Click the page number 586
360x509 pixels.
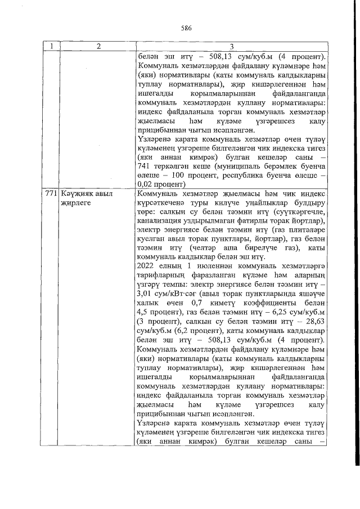click(187, 27)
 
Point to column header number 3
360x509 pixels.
click(239, 47)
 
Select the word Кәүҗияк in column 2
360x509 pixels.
click(75, 193)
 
